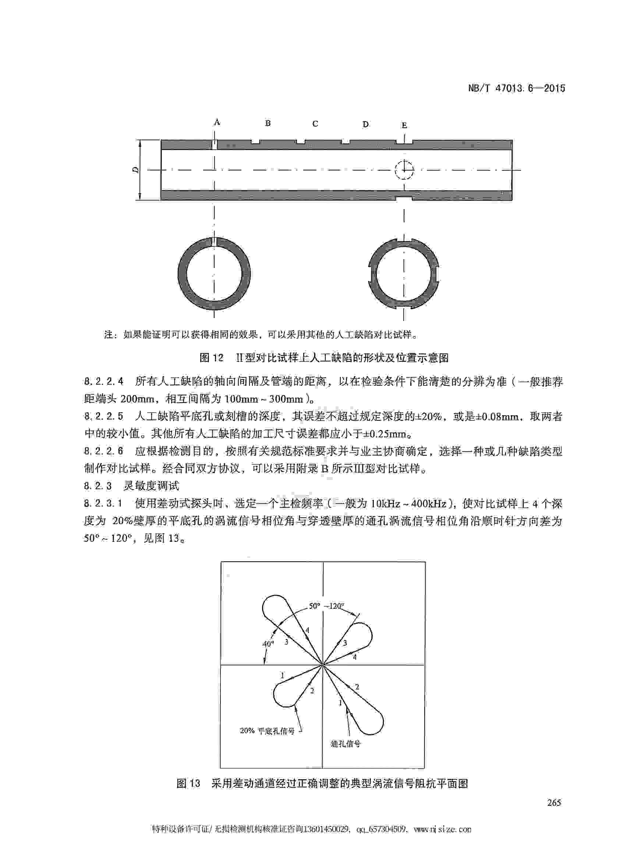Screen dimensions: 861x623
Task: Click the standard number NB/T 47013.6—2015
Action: tap(516, 88)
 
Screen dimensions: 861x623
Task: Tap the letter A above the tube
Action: tap(217, 122)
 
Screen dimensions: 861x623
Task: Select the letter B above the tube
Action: tap(268, 123)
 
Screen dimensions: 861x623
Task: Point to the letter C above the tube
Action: tap(315, 124)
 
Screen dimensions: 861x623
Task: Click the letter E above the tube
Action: tap(404, 125)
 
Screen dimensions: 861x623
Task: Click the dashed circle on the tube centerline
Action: tap(404, 170)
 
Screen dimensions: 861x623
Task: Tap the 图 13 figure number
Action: tap(188, 783)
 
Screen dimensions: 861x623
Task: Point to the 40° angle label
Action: tap(268, 643)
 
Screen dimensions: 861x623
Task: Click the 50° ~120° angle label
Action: tap(326, 606)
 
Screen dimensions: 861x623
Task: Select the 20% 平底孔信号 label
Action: tap(267, 730)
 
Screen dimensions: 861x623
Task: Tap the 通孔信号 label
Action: tap(346, 744)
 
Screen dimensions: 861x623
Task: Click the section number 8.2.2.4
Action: tap(104, 381)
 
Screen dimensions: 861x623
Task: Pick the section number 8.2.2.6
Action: tap(104, 451)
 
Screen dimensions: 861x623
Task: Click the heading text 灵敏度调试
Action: tap(151, 486)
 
